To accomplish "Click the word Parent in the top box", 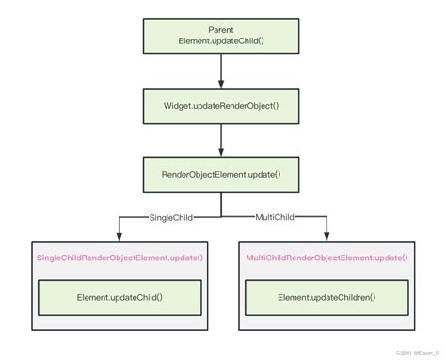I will point(221,30).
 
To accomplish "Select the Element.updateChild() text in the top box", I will point(221,42).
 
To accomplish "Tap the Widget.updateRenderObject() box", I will point(221,105).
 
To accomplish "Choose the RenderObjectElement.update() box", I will point(221,175).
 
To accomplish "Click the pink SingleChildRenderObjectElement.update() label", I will point(119,257).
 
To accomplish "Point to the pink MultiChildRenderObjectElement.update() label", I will point(327,257).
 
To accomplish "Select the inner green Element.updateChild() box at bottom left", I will point(119,298).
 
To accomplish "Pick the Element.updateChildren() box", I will point(327,298).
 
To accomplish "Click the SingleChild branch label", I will point(170,217).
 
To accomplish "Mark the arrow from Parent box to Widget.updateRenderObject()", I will point(221,70).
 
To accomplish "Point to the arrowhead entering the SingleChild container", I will point(119,235).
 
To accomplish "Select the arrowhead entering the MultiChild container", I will point(327,235).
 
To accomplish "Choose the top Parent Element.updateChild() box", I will point(221,36).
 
